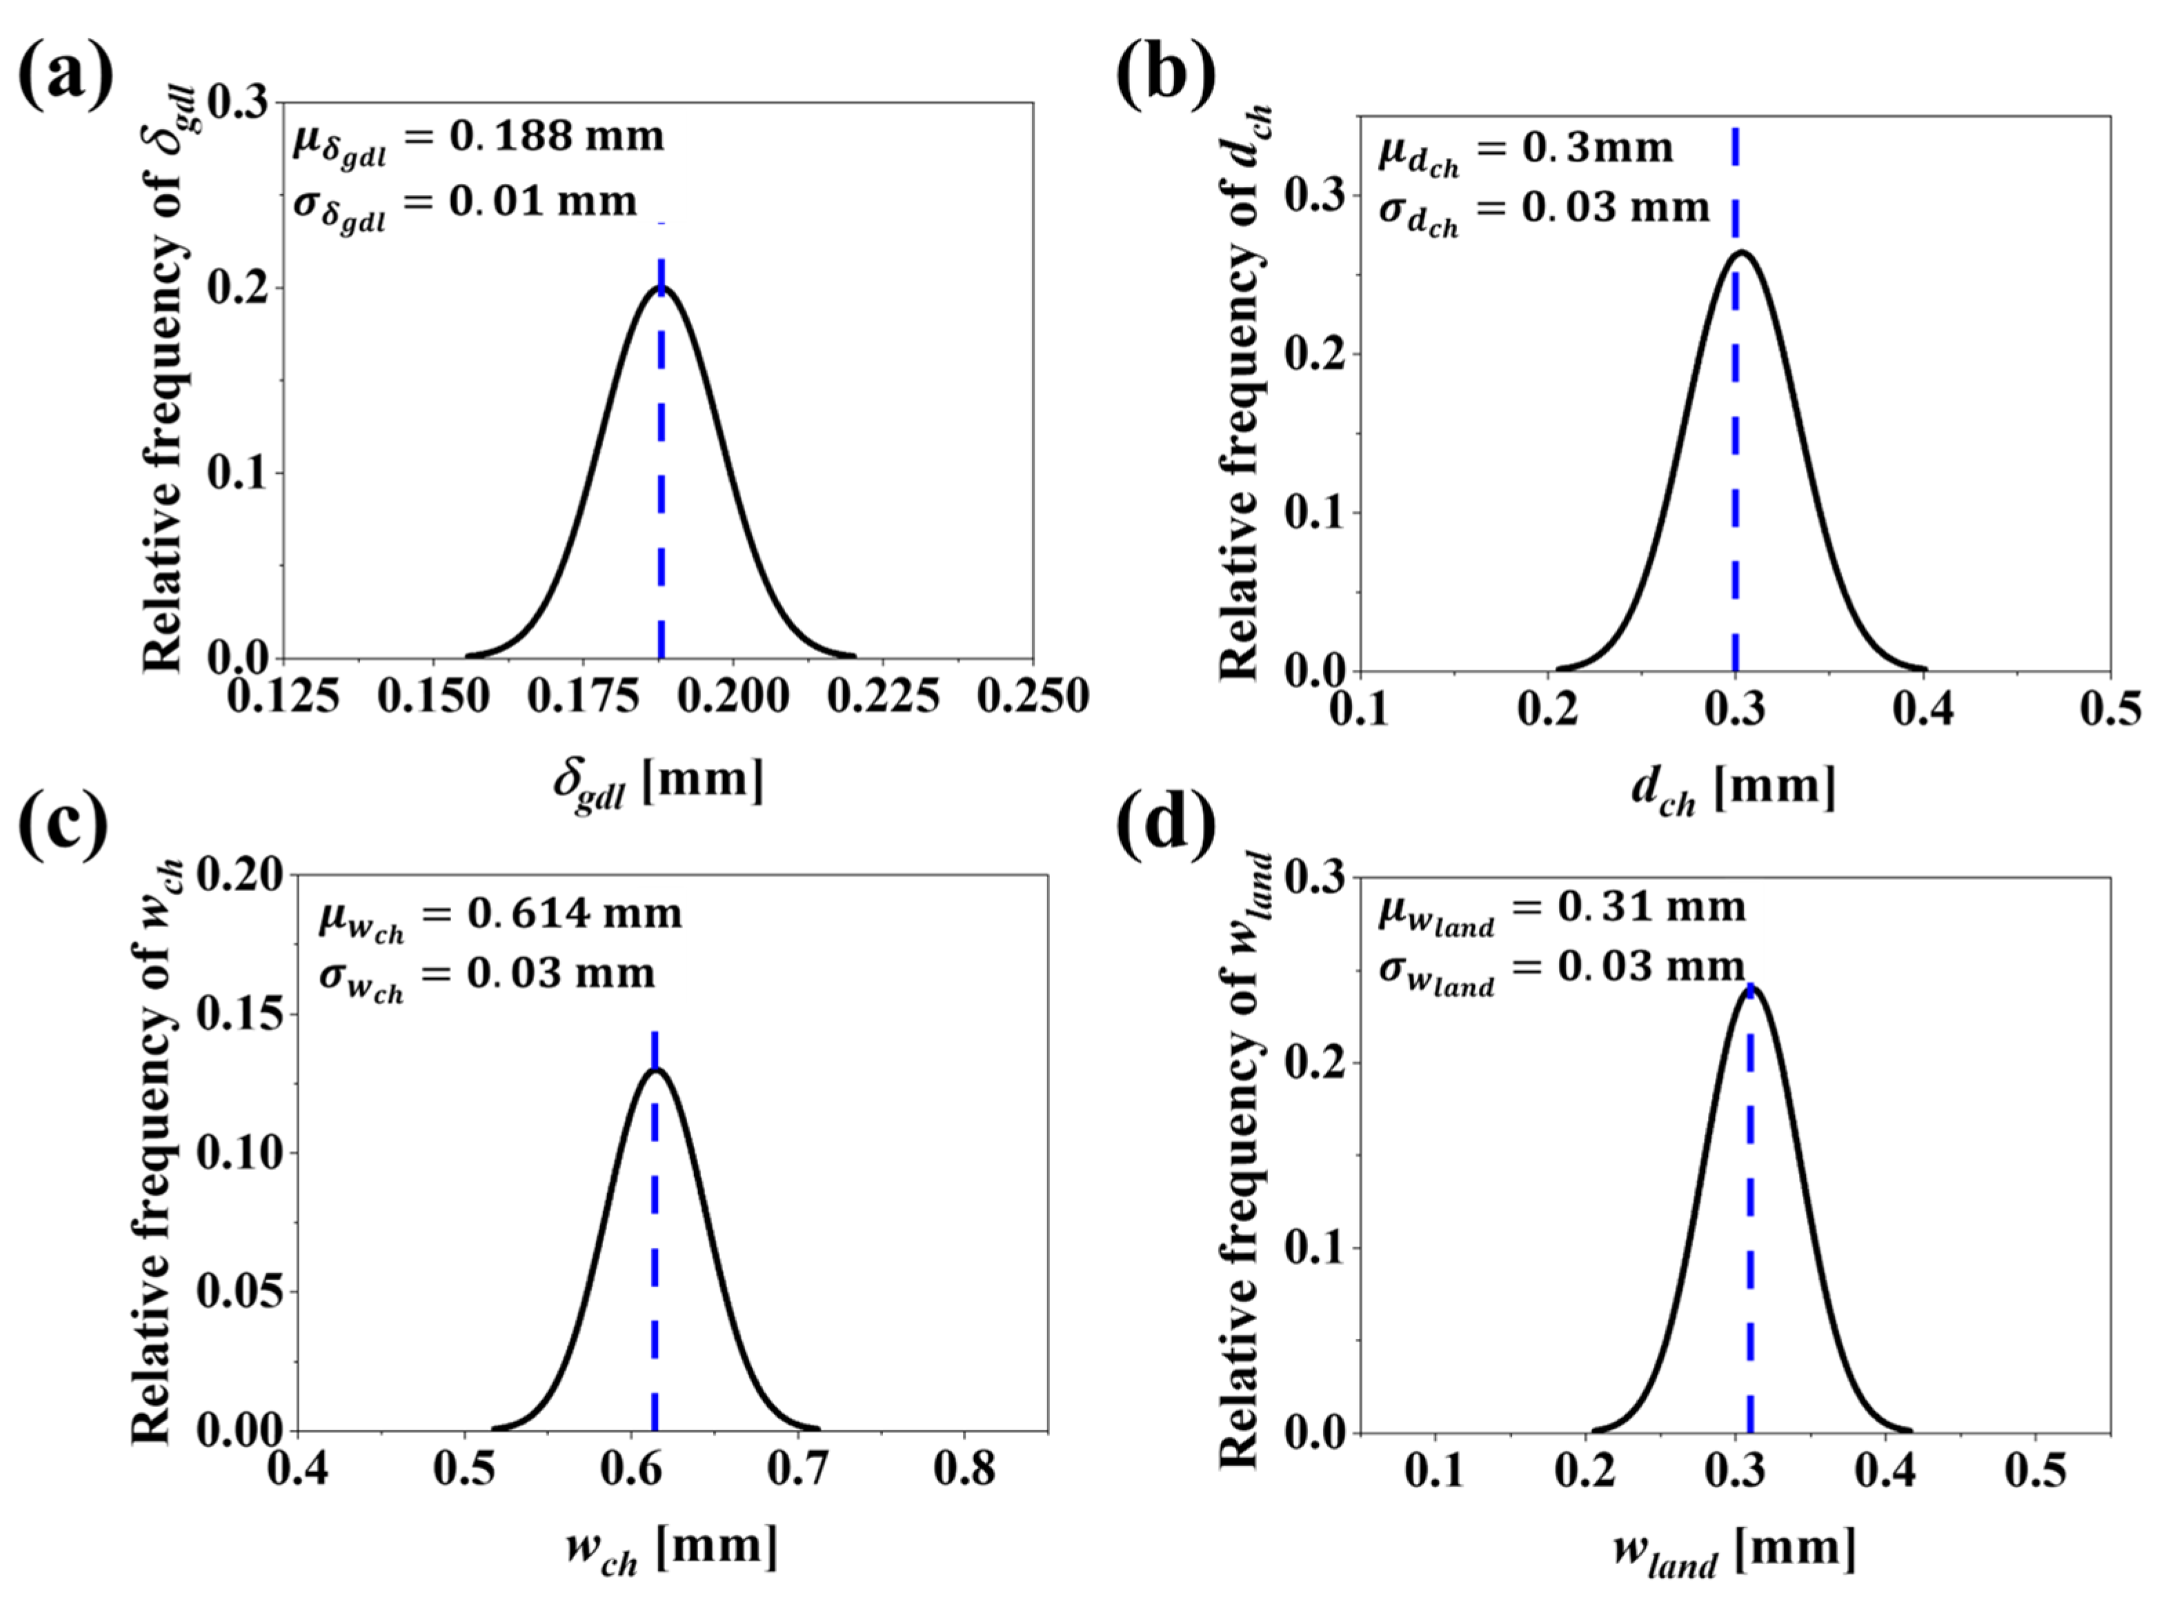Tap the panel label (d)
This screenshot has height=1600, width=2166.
pyautogui.click(x=1165, y=826)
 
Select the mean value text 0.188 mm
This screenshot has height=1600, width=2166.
pyautogui.click(x=556, y=137)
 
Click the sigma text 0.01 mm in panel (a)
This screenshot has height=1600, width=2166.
pyautogui.click(x=542, y=201)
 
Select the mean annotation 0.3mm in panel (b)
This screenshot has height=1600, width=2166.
pyautogui.click(x=1596, y=148)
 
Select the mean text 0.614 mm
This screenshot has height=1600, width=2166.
pyautogui.click(x=575, y=913)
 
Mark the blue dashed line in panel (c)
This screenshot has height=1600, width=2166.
pyautogui.click(x=655, y=1259)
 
